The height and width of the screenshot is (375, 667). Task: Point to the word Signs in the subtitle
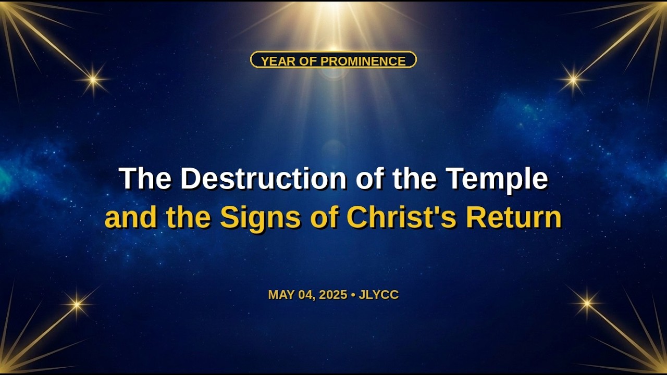(x=260, y=218)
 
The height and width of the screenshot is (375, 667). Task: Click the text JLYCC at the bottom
(x=378, y=295)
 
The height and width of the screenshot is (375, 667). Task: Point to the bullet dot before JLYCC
(x=353, y=295)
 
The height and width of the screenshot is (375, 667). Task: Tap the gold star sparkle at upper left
(x=93, y=80)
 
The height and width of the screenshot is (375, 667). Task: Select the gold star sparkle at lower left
(x=77, y=304)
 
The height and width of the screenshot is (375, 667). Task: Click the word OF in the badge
(x=308, y=61)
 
